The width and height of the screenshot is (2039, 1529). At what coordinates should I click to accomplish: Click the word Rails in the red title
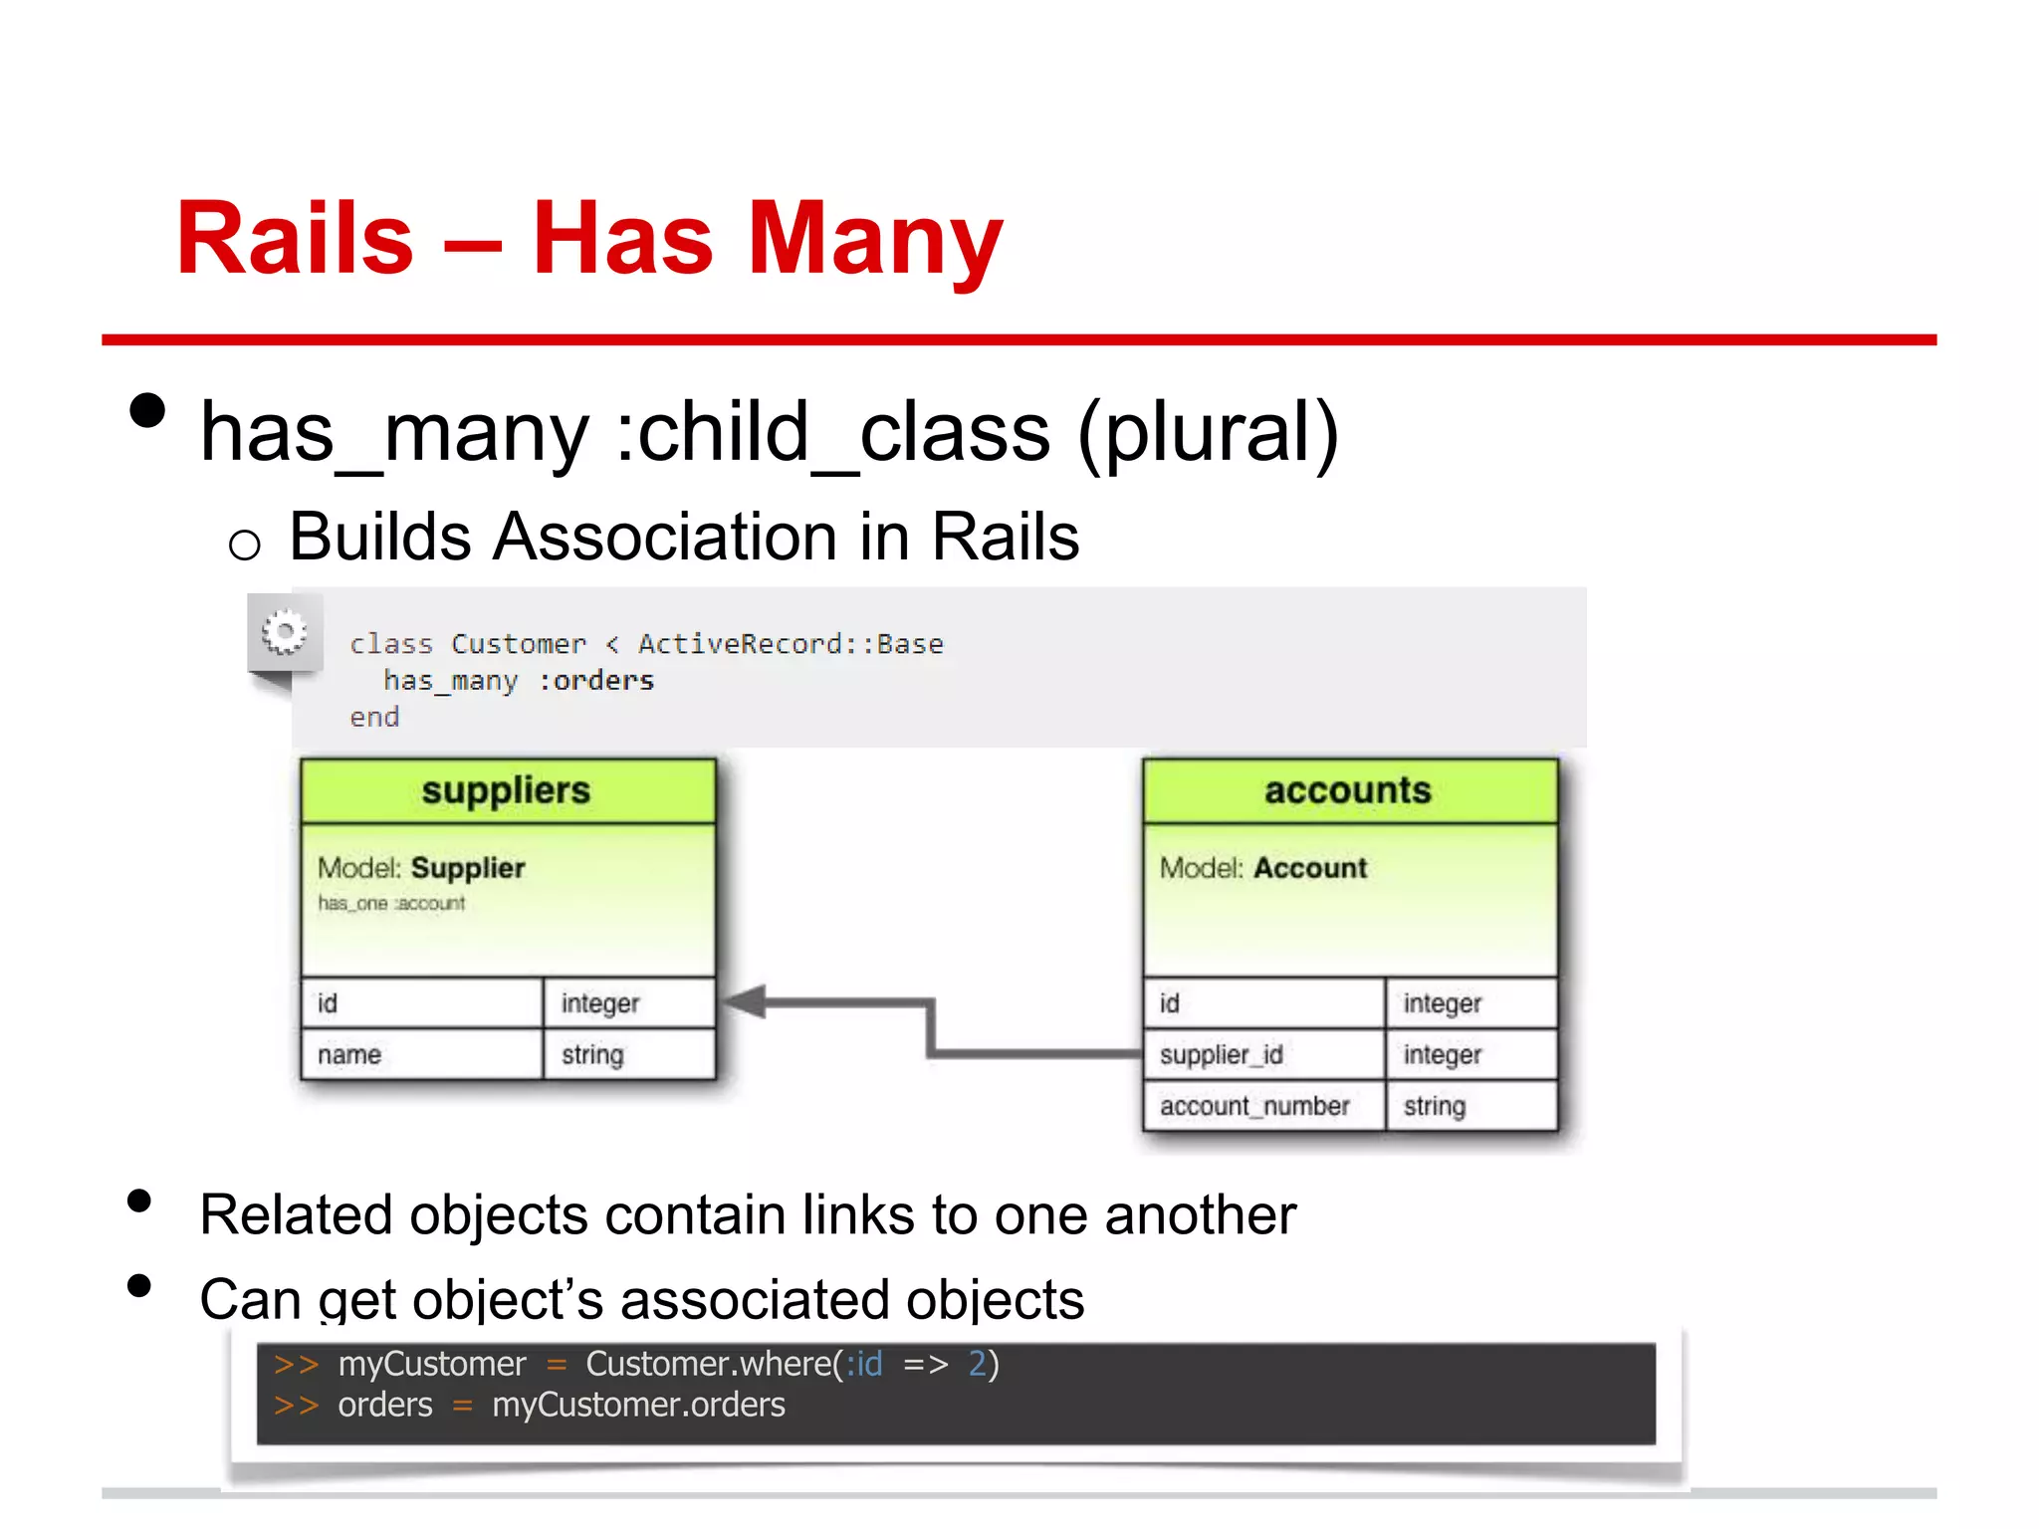pos(295,239)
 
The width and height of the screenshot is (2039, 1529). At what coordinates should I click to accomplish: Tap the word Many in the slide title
pos(875,239)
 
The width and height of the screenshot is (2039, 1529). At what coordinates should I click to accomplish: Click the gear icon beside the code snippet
pos(285,633)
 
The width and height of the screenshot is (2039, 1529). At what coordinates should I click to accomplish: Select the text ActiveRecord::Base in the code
pos(791,644)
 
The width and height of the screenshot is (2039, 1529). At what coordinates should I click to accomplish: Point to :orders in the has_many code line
pos(596,681)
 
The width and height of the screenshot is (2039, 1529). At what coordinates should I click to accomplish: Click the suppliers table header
pos(507,790)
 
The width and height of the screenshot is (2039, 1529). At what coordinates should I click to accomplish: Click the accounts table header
pos(1348,790)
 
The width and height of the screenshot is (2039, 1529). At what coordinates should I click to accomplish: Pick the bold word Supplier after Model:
pos(468,868)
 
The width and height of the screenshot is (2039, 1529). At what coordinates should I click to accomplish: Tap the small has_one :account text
pos(391,904)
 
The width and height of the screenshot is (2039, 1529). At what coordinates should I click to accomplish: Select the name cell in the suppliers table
pos(349,1055)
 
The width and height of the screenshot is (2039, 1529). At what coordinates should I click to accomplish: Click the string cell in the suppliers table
pos(592,1055)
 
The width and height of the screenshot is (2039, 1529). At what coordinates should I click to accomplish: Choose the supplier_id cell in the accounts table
pos(1222,1055)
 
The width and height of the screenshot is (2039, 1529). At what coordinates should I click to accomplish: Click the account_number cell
pos(1254,1106)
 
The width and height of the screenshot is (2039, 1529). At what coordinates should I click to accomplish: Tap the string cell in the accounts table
pos(1435,1106)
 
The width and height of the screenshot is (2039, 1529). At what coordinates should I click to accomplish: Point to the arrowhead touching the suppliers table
pos(744,1002)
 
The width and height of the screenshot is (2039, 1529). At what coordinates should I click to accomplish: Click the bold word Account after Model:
pos(1310,868)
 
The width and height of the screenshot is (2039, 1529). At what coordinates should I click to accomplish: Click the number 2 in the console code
pos(978,1364)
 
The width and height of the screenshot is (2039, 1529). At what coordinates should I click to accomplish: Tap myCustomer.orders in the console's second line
pos(638,1406)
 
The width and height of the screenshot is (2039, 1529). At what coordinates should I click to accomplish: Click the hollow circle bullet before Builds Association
pos(245,545)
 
